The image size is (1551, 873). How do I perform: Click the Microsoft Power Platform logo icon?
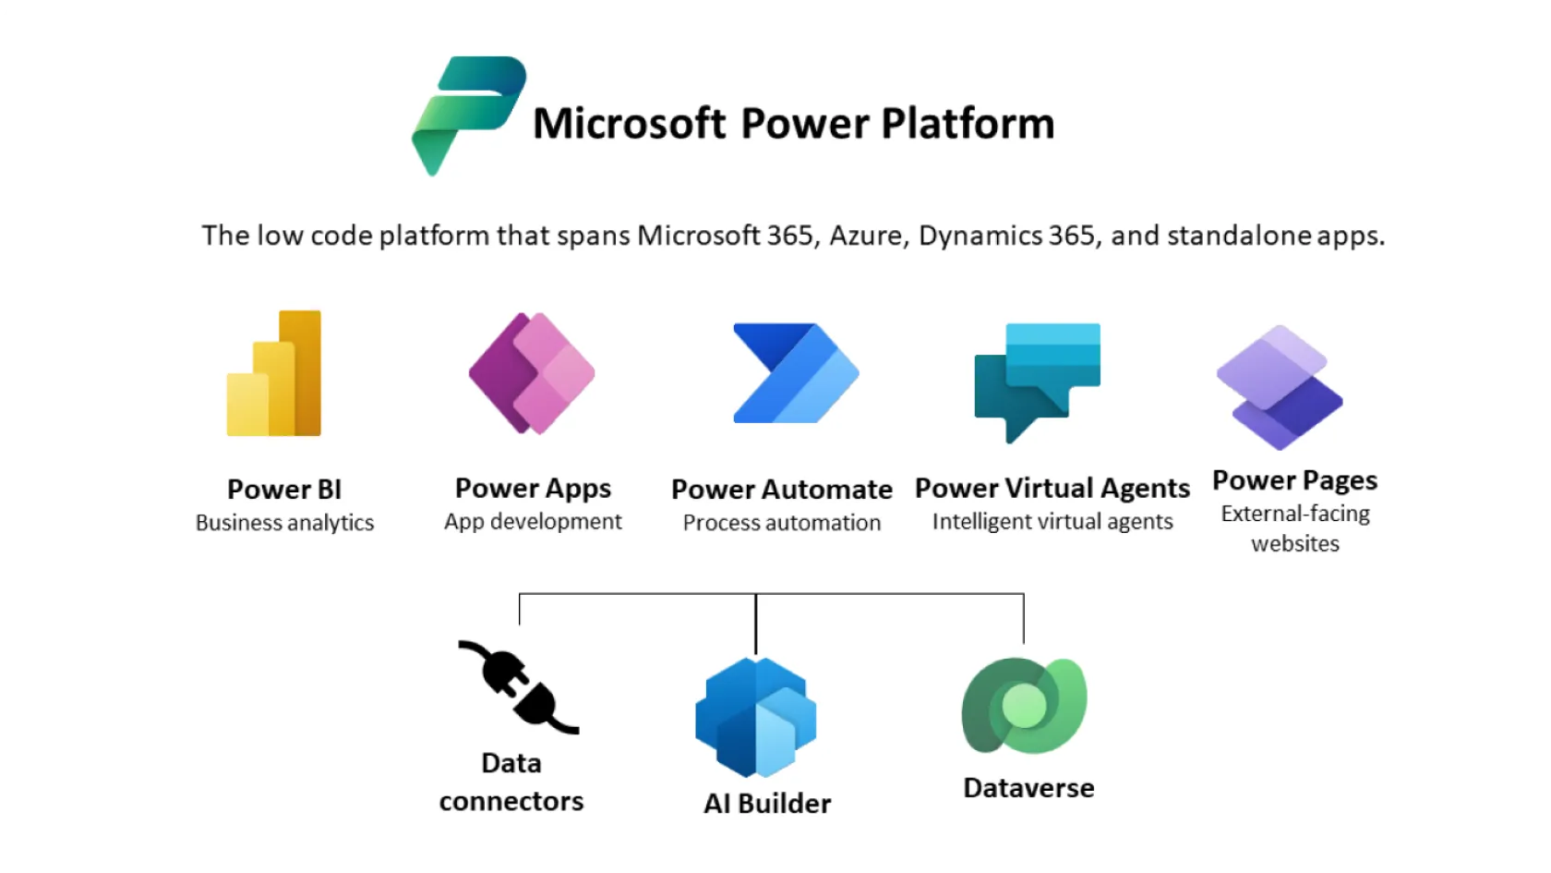tap(469, 115)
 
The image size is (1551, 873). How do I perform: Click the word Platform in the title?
tap(968, 124)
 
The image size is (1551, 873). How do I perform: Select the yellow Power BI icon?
tap(274, 373)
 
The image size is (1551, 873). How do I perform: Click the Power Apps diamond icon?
tap(532, 373)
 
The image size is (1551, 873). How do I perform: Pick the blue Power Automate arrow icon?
tap(796, 373)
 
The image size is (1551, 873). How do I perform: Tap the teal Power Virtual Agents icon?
tap(1038, 382)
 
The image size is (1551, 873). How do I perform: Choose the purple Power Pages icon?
tap(1280, 387)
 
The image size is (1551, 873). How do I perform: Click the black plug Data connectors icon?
tap(519, 687)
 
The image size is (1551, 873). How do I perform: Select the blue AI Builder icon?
tap(756, 717)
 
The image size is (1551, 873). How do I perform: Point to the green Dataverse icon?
tap(1025, 706)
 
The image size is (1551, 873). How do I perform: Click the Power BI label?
tap(284, 490)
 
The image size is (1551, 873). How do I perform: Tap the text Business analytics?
tap(284, 523)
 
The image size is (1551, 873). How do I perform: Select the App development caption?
tap(534, 522)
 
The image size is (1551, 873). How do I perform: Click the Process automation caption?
tap(782, 523)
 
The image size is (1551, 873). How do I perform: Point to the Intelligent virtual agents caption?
tap(1052, 521)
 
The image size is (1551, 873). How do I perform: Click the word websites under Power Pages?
tap(1295, 544)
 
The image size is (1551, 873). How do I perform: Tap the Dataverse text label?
tap(1028, 789)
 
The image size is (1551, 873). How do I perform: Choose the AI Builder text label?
tap(767, 804)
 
